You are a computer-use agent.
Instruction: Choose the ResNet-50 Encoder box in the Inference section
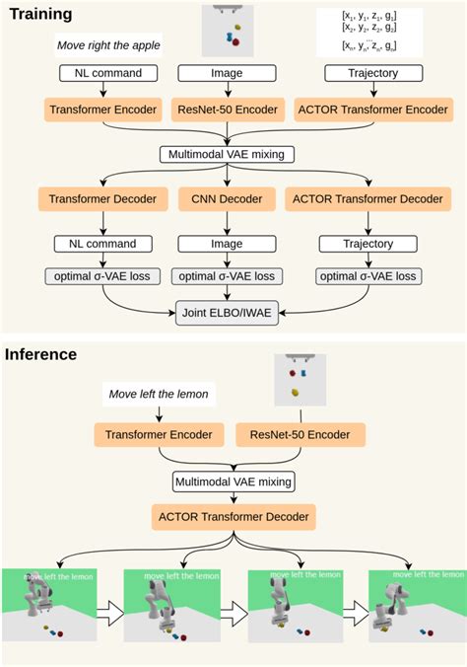coord(300,433)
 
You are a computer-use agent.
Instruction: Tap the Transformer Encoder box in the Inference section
coord(160,433)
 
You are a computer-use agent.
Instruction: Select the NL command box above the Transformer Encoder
coord(101,73)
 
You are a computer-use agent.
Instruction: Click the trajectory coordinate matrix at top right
coord(373,32)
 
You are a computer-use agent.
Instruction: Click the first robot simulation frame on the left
coord(48,605)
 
